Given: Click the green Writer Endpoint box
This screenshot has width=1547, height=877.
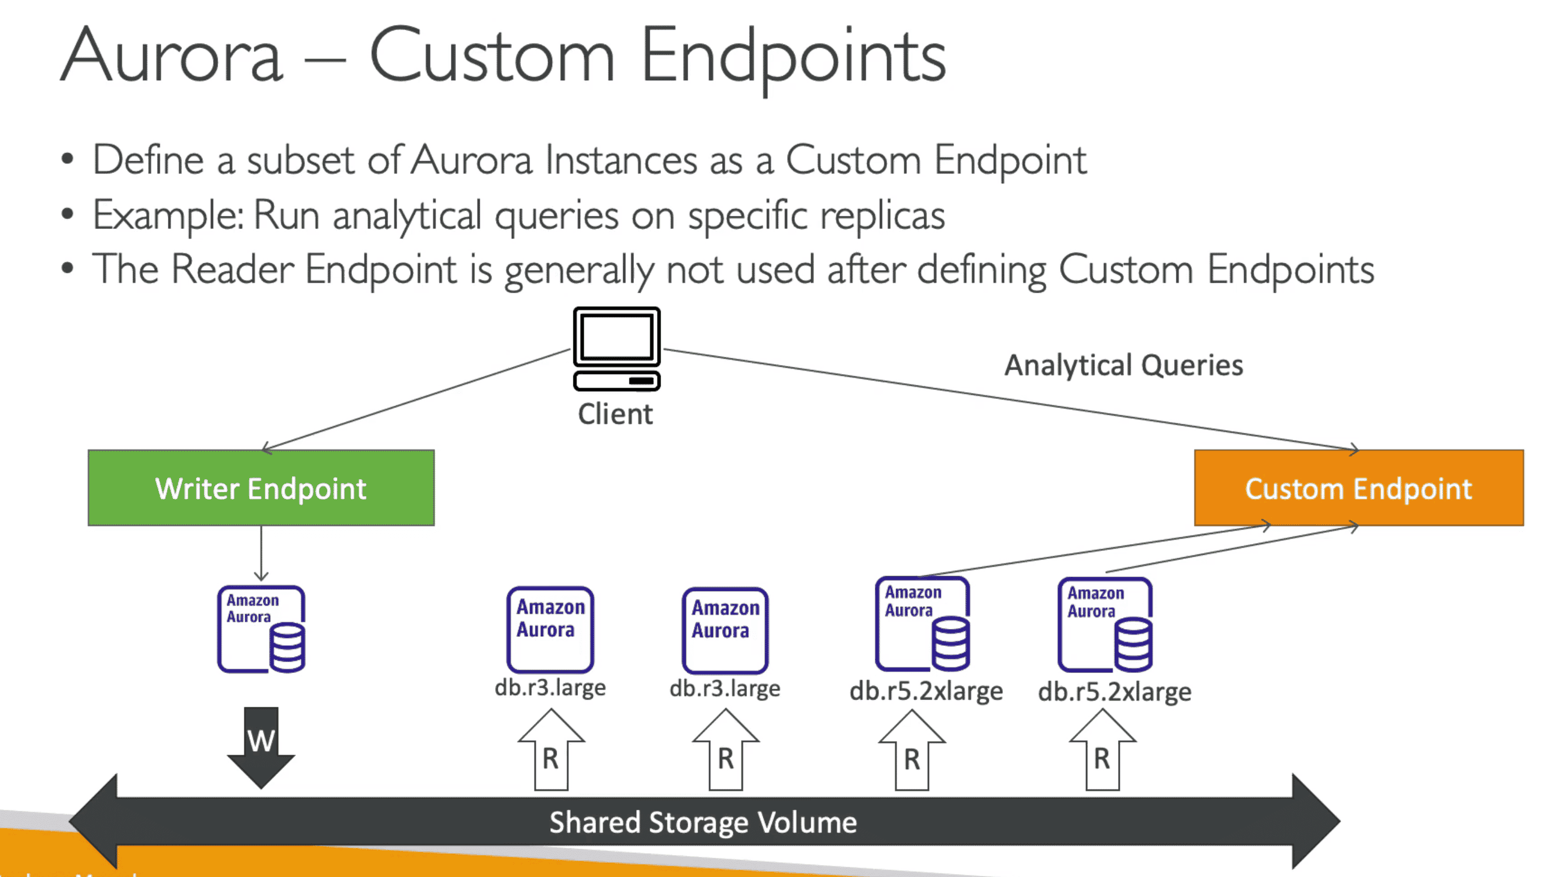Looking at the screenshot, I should click(x=260, y=488).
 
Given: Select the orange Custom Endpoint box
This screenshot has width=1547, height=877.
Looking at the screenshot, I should click(x=1358, y=488).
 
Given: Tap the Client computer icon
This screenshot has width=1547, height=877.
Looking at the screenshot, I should click(x=616, y=348).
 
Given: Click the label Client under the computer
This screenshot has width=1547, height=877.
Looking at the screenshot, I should click(x=615, y=414).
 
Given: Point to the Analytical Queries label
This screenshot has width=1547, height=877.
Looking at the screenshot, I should click(x=1123, y=365).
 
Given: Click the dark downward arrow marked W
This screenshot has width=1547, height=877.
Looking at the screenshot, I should click(x=260, y=747).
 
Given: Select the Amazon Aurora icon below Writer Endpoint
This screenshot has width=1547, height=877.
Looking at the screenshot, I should click(x=260, y=629).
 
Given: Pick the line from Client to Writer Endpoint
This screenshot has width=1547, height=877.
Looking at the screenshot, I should click(x=415, y=399).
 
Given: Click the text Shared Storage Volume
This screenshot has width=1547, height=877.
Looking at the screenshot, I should click(x=703, y=823).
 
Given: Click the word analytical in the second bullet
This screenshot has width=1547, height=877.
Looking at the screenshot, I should click(x=407, y=216).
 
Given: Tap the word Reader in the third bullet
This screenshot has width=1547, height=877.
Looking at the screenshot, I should click(x=232, y=269).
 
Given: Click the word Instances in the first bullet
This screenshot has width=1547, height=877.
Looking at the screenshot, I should click(x=621, y=162).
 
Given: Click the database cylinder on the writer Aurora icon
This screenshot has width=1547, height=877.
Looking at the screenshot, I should click(x=287, y=648).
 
